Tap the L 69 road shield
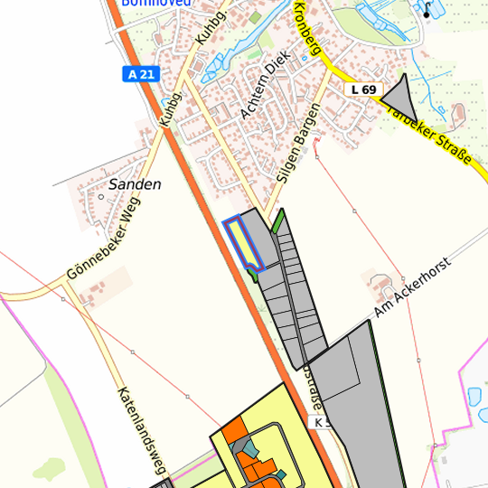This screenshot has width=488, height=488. point(363,89)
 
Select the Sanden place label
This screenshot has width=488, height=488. point(134,184)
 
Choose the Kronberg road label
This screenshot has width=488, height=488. point(307,31)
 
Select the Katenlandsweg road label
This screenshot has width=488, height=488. point(144,432)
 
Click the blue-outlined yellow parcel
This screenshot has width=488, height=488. point(244,243)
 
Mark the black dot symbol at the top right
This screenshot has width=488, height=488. point(427,15)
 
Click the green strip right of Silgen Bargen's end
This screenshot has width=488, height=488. point(278,221)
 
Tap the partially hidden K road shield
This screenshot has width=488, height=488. point(318,423)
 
